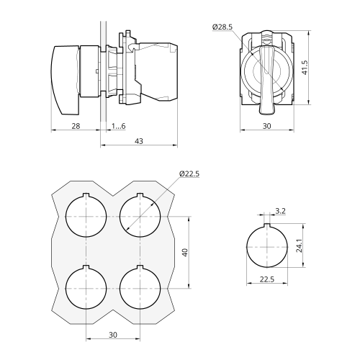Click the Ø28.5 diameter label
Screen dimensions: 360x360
point(222,27)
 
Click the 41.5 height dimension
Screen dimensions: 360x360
point(305,68)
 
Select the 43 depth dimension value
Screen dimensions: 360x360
point(139,141)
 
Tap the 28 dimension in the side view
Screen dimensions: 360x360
point(76,126)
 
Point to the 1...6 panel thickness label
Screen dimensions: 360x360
point(118,126)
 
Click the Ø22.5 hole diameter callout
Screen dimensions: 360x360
point(189,174)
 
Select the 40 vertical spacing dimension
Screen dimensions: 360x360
point(185,253)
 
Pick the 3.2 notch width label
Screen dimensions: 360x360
point(280,211)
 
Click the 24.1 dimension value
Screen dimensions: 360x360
point(299,246)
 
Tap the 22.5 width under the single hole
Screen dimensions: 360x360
point(267,279)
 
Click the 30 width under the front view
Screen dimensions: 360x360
point(267,126)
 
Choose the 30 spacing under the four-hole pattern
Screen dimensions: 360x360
point(113,335)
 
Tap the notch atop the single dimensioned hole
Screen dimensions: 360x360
point(267,225)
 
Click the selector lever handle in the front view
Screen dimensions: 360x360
point(266,80)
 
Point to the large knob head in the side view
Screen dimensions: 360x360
point(65,80)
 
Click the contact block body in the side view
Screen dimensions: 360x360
point(158,71)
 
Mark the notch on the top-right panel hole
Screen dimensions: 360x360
point(140,195)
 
